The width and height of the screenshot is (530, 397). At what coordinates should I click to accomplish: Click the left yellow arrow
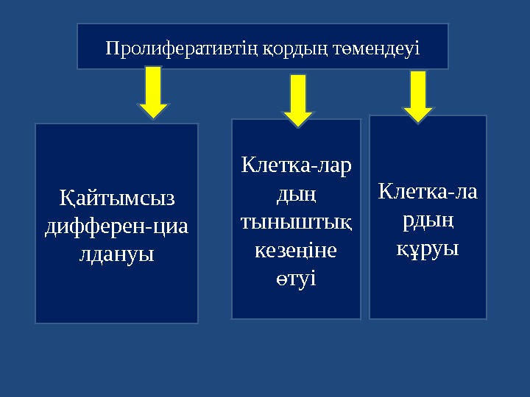pos(154,92)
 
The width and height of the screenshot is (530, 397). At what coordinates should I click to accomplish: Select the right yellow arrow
pos(419,96)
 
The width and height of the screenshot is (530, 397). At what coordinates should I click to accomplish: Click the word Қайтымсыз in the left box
pos(116,198)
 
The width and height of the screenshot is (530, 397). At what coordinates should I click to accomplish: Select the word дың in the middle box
pos(296,193)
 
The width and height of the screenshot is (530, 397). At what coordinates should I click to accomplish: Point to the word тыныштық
pos(296,221)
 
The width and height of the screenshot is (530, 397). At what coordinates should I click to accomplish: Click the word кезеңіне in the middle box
pos(296,250)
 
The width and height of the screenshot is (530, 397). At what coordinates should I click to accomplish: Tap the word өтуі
pos(296,278)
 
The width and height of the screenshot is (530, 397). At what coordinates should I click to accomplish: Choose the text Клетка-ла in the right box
pos(428,192)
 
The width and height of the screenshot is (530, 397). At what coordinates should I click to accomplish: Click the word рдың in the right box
pos(428,220)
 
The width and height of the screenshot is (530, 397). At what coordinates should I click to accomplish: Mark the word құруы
pos(428,248)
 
